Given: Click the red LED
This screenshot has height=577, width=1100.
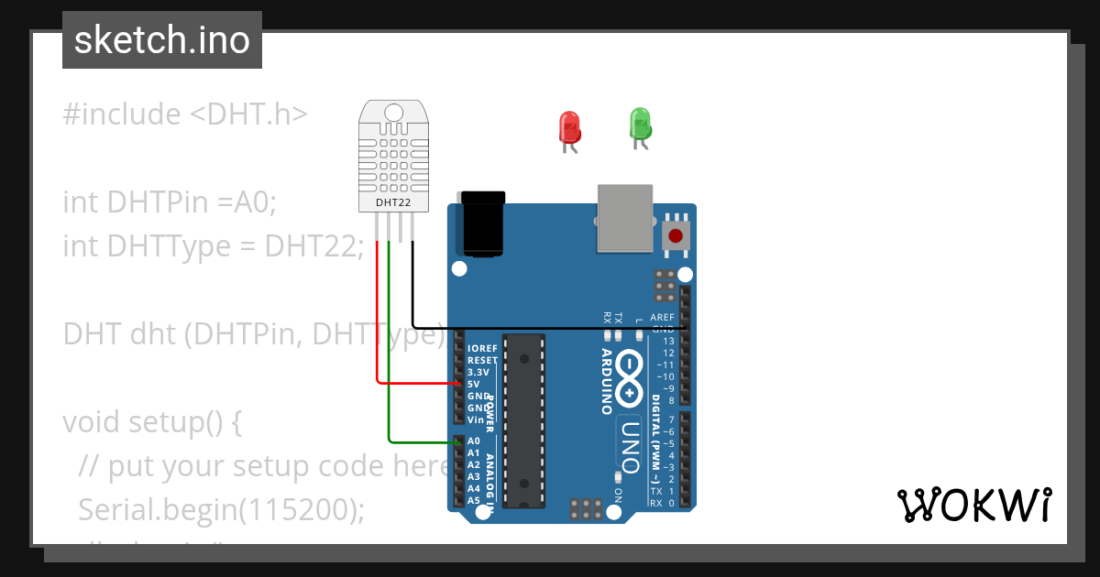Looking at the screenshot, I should coord(569,126).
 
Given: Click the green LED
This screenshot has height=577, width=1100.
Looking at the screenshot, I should coord(639,123).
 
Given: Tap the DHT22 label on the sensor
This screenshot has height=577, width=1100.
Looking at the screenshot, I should coord(393,201).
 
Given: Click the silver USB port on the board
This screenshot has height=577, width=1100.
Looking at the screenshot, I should coord(625,217).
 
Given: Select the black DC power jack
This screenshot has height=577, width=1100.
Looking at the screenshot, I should coord(483,223).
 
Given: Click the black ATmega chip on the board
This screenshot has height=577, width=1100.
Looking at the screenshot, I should coord(525,419).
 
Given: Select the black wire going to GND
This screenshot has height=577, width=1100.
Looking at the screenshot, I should coord(550,327).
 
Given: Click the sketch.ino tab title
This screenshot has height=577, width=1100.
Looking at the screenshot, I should coord(162,40).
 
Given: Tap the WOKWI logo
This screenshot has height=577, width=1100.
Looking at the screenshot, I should coord(973,505).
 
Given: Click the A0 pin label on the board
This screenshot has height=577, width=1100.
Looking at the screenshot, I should coord(474,441).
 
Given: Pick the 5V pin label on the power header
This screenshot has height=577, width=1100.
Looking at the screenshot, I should coord(474,385).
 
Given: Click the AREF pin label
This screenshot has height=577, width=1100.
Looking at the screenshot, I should coord(662,318).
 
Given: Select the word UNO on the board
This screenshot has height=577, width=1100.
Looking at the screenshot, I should coord(630,447).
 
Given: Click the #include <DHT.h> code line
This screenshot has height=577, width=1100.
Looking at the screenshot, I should coord(186,114).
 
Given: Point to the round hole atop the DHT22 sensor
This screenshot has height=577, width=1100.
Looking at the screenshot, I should coord(393,113).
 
